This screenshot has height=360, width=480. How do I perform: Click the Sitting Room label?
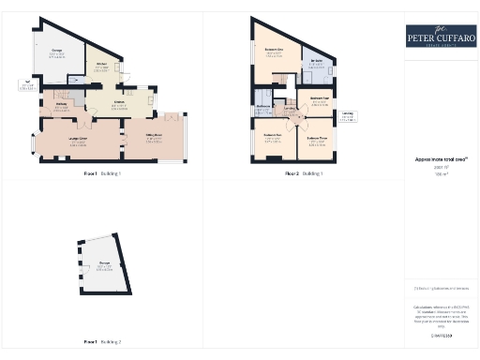(154, 140)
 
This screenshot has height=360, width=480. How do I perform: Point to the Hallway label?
(62, 105)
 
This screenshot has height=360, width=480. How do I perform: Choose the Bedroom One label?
(275, 52)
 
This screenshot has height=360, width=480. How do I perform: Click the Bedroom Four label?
(318, 100)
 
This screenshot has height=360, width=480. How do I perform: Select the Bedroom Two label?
(274, 139)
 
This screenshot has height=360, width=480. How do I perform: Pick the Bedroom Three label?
(317, 141)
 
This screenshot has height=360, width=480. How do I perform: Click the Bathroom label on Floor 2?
(262, 108)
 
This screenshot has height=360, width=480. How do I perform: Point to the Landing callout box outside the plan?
(348, 116)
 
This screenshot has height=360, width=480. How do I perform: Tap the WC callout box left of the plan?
(25, 87)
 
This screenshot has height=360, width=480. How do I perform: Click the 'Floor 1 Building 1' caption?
(101, 174)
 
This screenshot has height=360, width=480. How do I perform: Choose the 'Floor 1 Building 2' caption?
(101, 342)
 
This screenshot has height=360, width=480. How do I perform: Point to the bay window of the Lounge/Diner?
(36, 143)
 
